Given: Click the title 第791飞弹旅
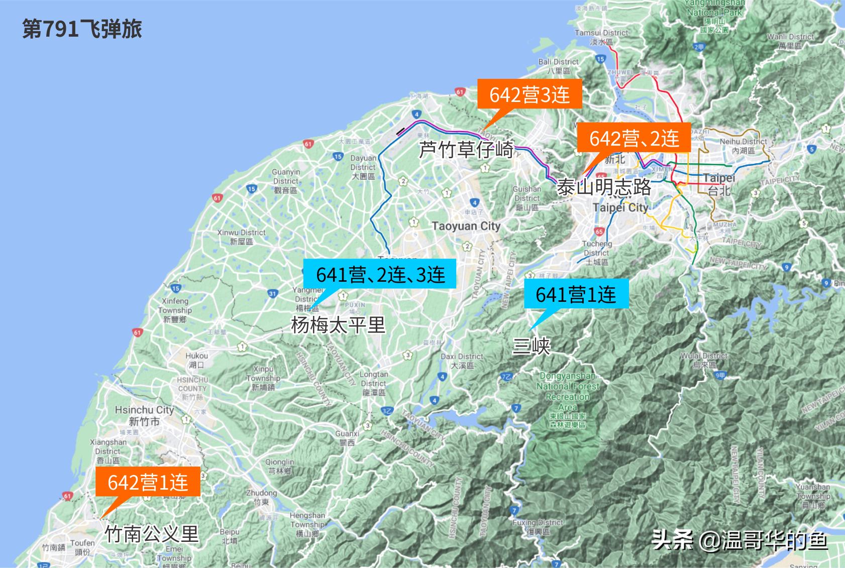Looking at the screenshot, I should [82, 30].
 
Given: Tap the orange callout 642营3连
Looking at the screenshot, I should [530, 94].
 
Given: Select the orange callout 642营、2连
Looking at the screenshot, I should [634, 138].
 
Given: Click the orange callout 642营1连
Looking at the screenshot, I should [148, 482].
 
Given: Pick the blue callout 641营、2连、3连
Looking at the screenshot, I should [380, 274].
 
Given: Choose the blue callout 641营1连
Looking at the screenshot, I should [575, 294].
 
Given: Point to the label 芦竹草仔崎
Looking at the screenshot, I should [466, 150].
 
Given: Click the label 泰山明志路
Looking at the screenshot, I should [604, 187].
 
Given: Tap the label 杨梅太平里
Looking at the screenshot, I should [338, 325].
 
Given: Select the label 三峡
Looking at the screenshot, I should [531, 346].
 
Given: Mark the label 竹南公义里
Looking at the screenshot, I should [152, 533].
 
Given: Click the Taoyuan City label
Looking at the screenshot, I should [466, 226].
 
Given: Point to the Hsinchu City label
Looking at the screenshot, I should [144, 410].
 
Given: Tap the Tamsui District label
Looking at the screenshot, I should [601, 33].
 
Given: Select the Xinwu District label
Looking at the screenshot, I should [241, 233].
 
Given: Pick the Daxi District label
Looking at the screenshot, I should [462, 357].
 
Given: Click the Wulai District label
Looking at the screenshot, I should [704, 356].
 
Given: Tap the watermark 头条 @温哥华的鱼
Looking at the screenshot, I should [740, 541].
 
